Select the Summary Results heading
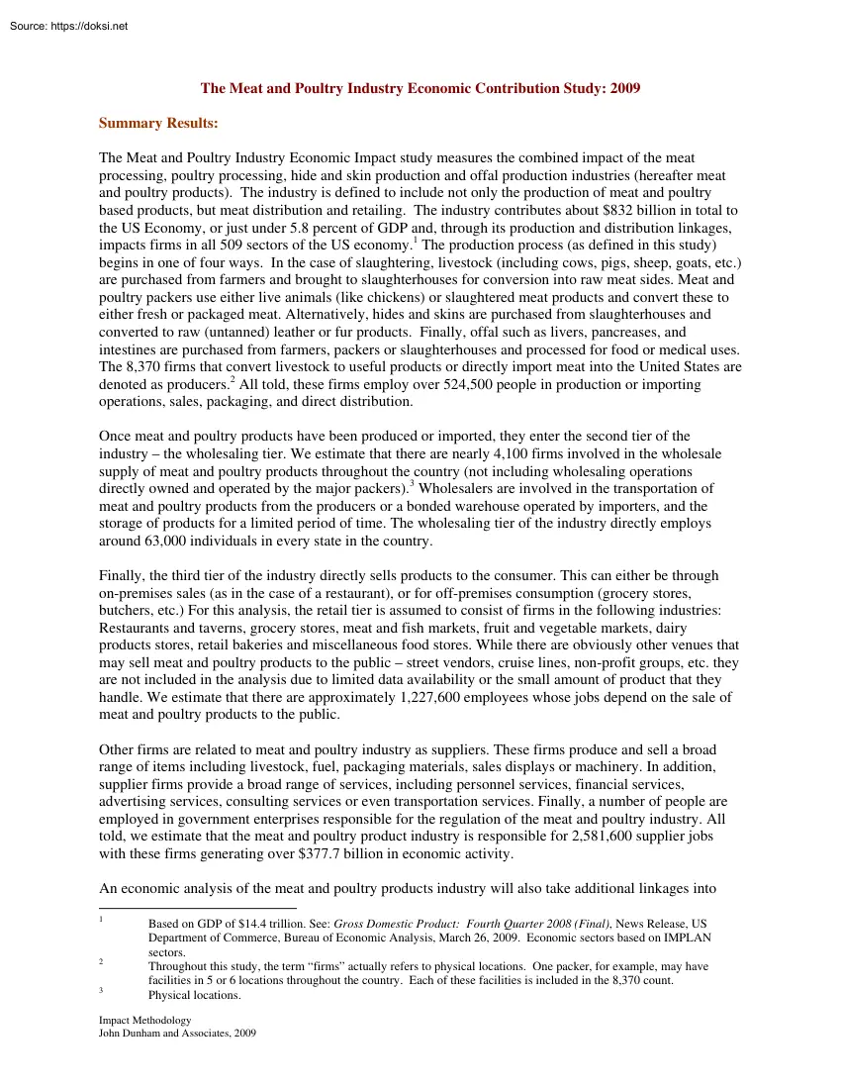point(158,124)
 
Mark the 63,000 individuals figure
point(176,541)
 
